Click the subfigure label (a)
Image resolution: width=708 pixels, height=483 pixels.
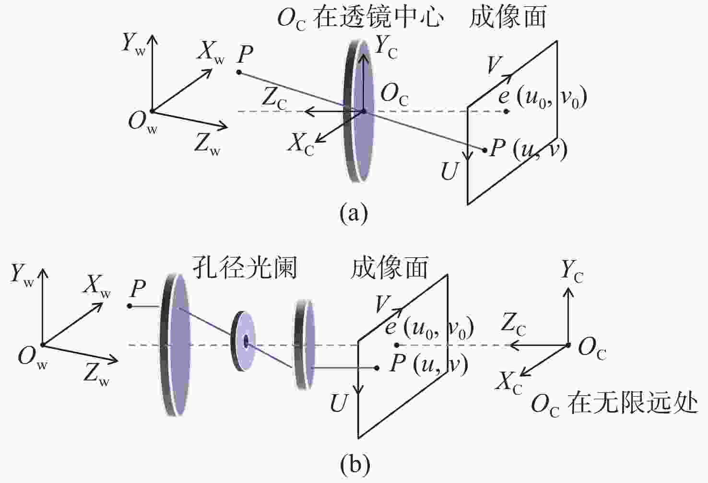click(354, 214)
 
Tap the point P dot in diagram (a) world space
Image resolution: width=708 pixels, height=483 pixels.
click(239, 72)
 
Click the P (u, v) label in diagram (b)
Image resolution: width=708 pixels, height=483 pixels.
click(429, 366)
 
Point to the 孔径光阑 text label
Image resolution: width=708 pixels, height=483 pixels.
click(245, 267)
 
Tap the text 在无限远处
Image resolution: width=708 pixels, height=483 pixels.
click(632, 404)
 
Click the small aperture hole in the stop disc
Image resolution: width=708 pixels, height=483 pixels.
click(246, 341)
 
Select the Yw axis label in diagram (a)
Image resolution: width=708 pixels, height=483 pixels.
click(133, 44)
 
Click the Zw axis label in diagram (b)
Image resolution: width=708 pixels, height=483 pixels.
click(96, 375)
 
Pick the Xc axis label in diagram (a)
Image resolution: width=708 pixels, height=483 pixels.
click(300, 146)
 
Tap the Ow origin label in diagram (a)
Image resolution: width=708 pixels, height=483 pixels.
click(143, 124)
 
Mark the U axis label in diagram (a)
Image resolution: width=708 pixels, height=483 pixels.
click(449, 172)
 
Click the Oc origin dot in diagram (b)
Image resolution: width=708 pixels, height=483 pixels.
click(568, 345)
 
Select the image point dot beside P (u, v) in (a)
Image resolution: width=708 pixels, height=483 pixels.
click(484, 150)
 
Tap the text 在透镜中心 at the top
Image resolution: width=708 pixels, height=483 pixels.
click(378, 17)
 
